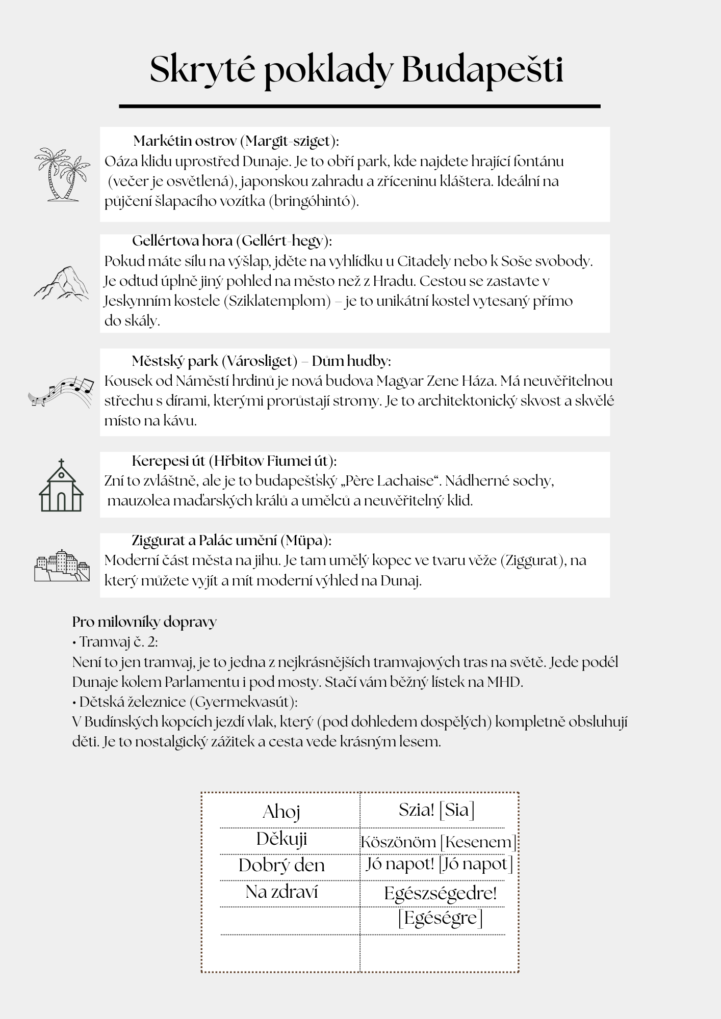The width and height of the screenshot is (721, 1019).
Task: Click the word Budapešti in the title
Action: [x=482, y=70]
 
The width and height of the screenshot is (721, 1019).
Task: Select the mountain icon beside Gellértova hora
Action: [x=61, y=283]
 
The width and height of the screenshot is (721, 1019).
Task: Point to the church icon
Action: [x=61, y=486]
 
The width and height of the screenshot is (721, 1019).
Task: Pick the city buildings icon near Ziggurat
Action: [x=62, y=566]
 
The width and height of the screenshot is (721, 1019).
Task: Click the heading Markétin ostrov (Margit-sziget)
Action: [x=236, y=141]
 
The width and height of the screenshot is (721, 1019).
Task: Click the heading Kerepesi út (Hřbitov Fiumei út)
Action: [x=234, y=461]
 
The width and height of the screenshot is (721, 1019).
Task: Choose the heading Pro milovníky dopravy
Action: [x=144, y=622]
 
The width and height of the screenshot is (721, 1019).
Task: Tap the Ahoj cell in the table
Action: [x=281, y=812]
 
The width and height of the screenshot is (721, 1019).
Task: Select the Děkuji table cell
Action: [x=281, y=839]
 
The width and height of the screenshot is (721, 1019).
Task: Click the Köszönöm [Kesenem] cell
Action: [x=438, y=842]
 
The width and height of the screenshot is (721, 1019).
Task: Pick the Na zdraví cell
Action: [x=281, y=892]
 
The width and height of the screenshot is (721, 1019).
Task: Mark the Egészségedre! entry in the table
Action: [x=440, y=893]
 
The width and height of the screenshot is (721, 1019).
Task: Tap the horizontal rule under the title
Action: [x=359, y=106]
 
